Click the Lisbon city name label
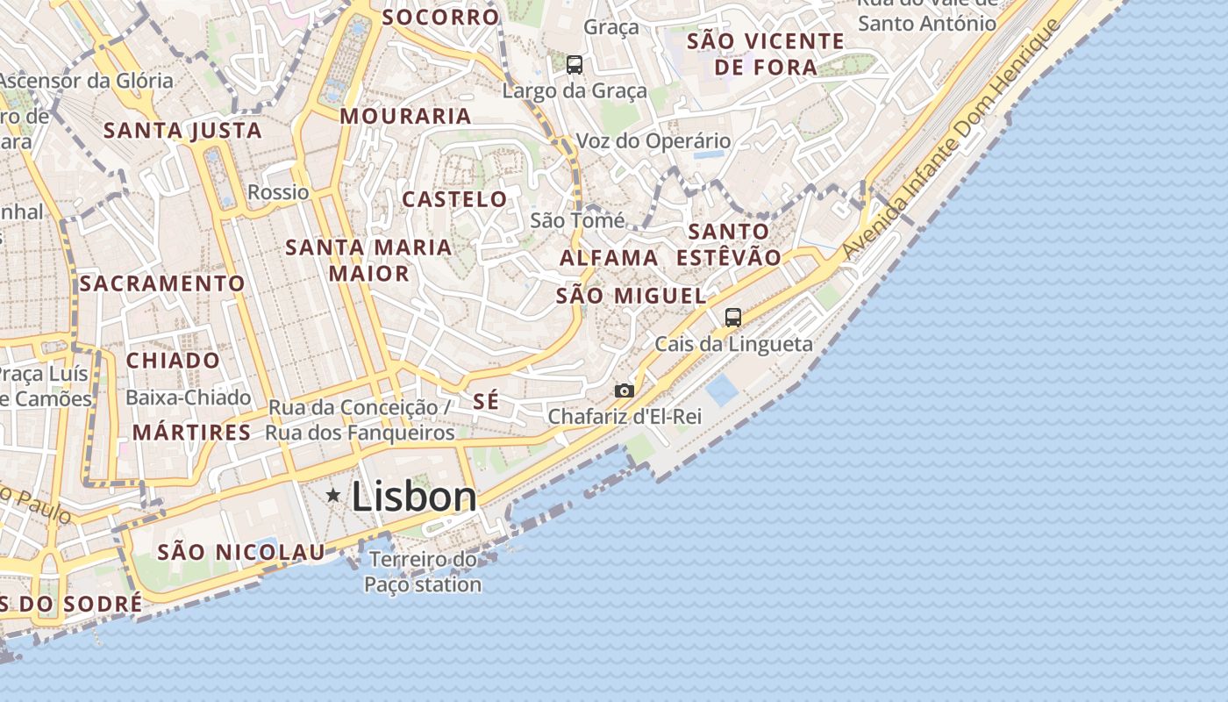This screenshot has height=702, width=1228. tap(414, 498)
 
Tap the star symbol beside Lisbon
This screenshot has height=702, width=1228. tap(333, 496)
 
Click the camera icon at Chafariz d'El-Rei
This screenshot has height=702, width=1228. tap(624, 390)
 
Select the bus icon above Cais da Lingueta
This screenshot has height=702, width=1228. tap(733, 318)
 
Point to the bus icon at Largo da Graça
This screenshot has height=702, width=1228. tap(575, 65)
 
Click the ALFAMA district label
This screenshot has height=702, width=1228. tap(609, 258)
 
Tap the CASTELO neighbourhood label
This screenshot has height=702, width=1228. tap(454, 199)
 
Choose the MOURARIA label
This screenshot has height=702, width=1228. tap(405, 116)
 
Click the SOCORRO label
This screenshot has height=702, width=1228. tap(440, 17)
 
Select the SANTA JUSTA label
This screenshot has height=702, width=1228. tap(182, 131)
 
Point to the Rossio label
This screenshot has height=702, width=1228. tap(278, 192)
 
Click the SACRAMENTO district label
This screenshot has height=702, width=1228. tap(162, 283)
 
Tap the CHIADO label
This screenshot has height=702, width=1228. tap(173, 361)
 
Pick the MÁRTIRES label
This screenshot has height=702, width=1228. tap(191, 433)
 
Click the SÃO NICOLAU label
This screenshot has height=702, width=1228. tap(241, 552)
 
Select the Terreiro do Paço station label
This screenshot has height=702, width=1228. tap(423, 571)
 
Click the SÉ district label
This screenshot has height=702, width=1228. tap(486, 401)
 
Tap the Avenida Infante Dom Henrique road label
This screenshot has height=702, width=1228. tap(951, 136)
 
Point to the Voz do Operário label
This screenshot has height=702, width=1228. tap(653, 140)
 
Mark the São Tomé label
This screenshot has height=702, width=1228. tap(577, 220)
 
